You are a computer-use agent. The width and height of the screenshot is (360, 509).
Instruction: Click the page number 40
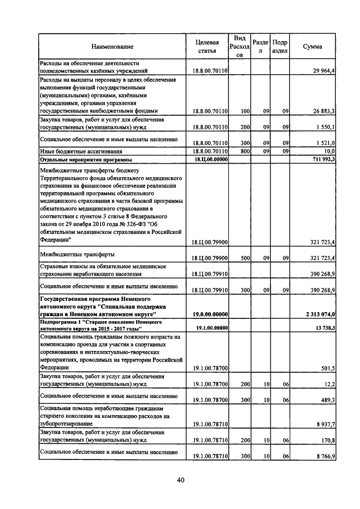point(181,480)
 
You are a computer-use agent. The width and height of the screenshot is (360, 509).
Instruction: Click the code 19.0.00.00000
point(210,313)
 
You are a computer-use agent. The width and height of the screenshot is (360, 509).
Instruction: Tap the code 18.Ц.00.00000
point(210,159)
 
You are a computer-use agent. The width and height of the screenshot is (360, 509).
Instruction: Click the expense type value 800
point(245,151)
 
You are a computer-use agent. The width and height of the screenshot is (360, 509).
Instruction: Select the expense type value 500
point(245,258)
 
